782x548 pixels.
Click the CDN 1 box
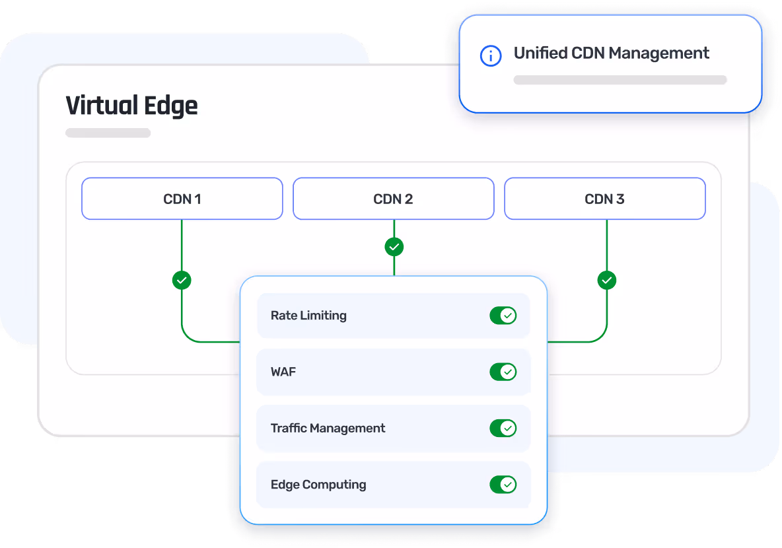182,199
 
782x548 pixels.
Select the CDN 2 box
393,199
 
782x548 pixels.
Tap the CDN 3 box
604,199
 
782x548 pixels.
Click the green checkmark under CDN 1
182,280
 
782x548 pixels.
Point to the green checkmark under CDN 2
394,247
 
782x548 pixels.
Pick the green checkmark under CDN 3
607,280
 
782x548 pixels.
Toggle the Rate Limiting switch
503,316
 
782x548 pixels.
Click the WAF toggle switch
503,372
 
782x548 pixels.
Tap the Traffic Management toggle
503,428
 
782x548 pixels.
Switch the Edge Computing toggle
503,485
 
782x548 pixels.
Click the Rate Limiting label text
308,316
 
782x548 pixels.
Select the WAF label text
283,372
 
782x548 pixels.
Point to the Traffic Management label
328,428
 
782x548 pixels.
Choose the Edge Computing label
318,485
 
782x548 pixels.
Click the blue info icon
490,55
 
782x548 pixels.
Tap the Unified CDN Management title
612,53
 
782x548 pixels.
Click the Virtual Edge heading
131,106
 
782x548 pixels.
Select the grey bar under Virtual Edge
108,133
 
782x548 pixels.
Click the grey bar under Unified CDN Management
620,80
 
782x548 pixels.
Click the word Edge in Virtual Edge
170,106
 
